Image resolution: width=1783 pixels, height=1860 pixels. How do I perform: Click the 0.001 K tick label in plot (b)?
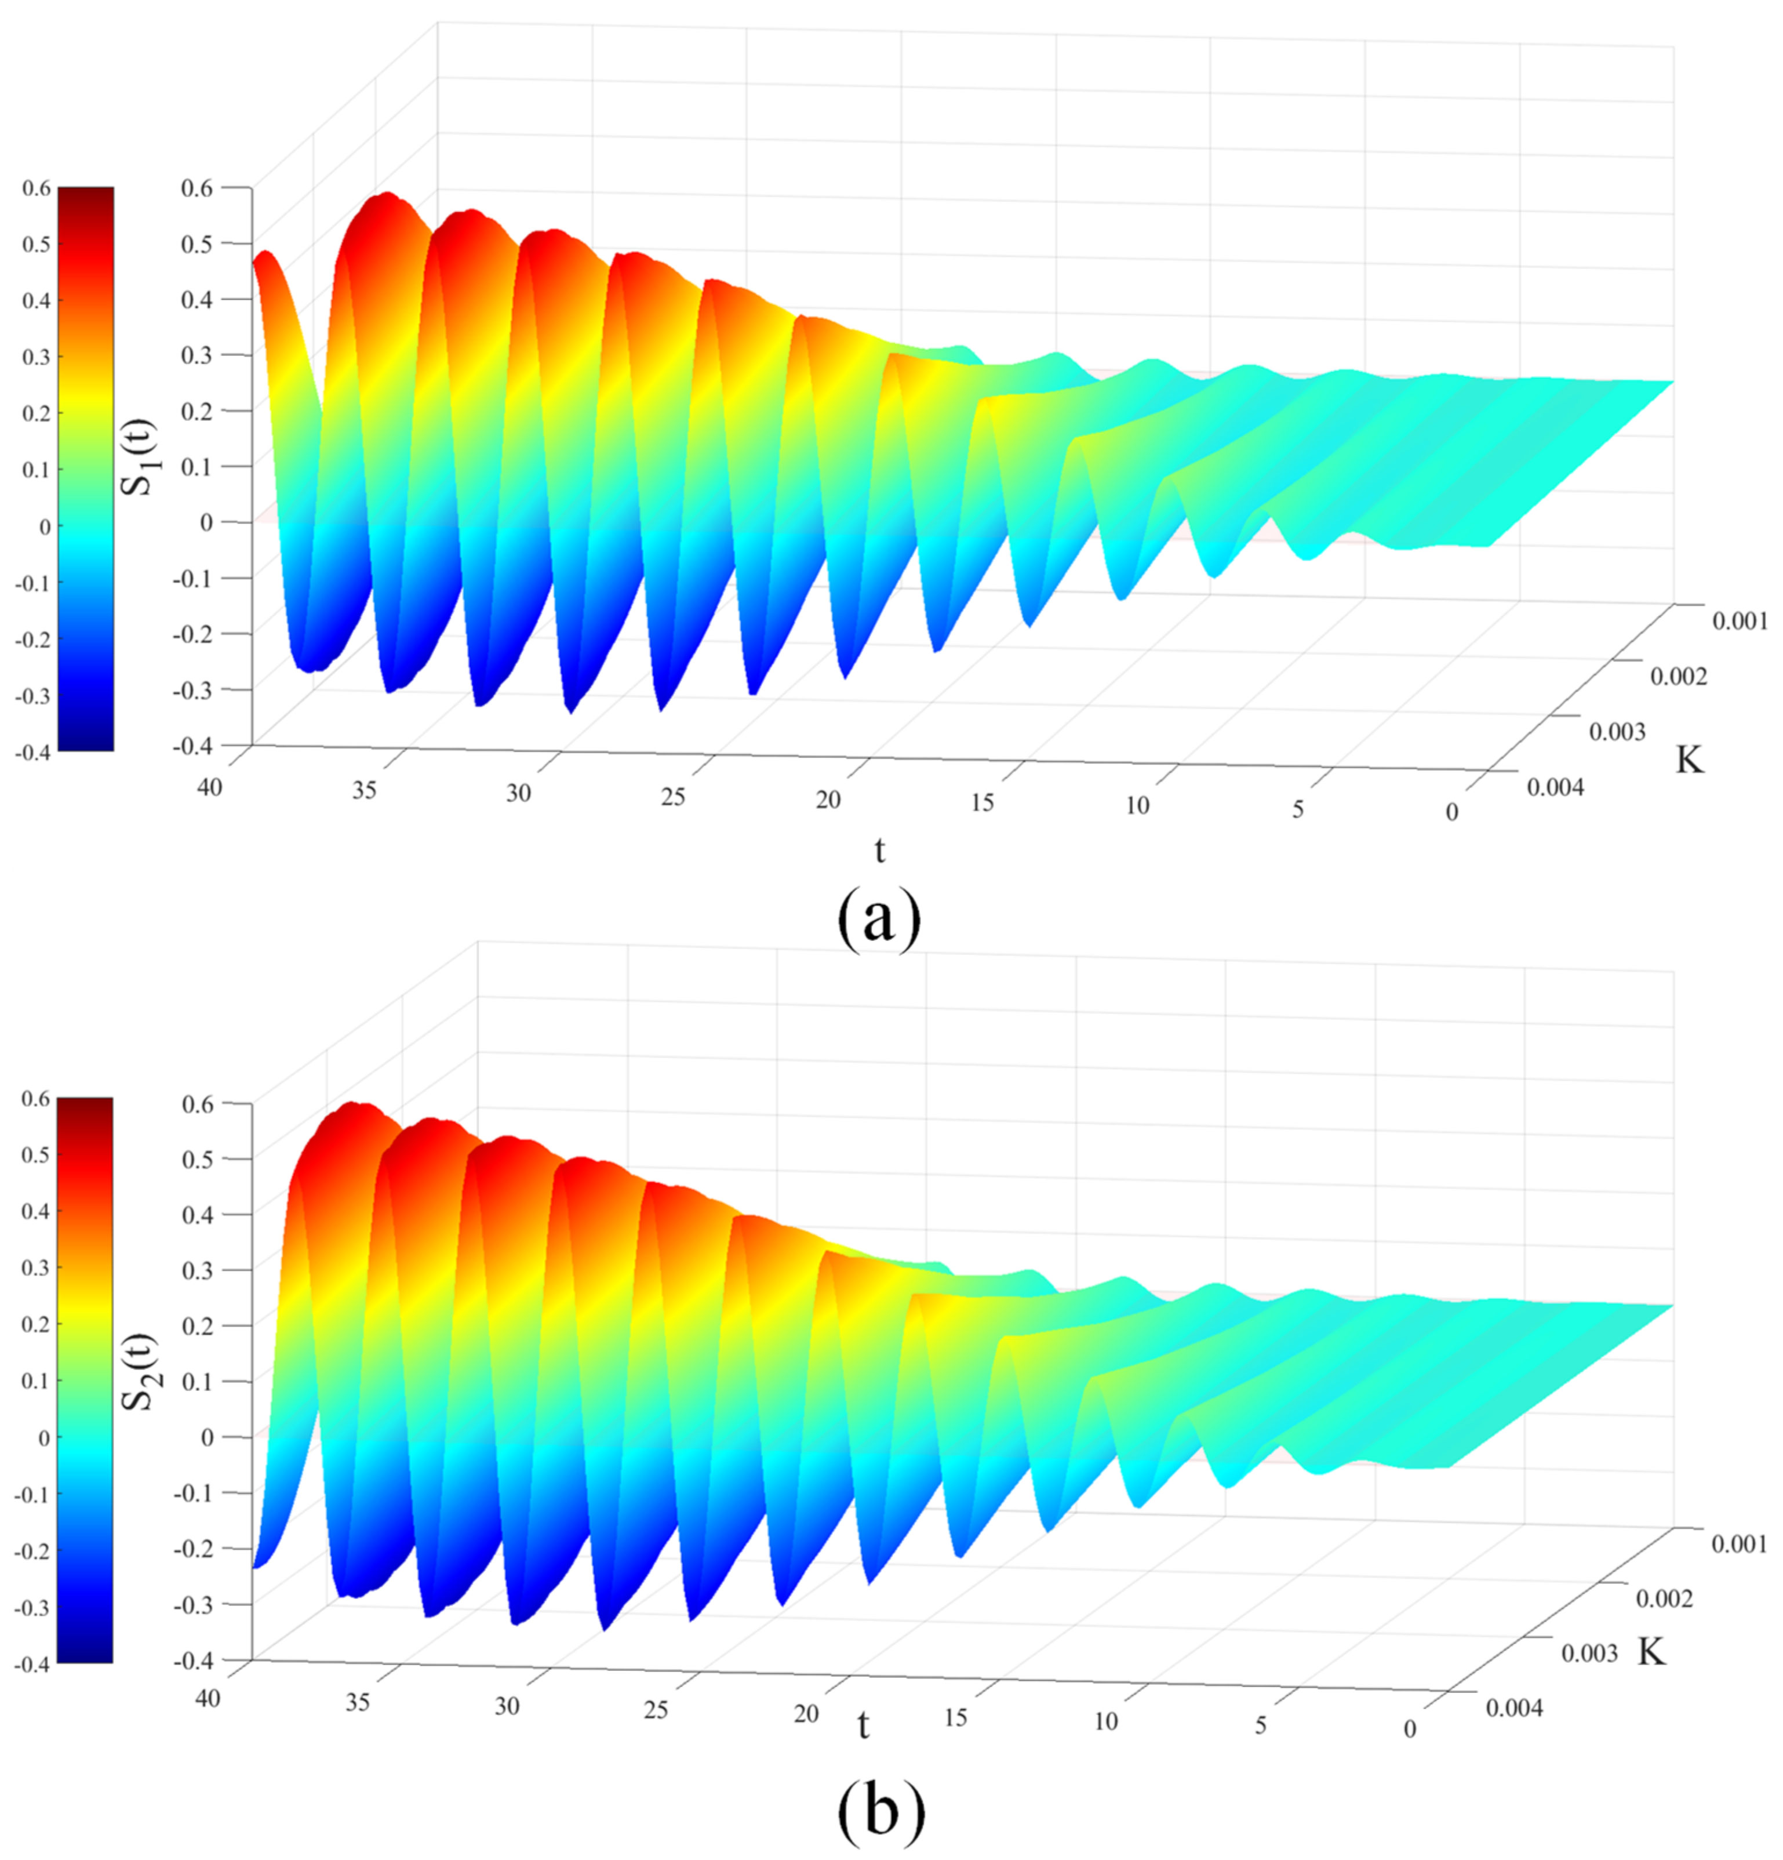1740,1545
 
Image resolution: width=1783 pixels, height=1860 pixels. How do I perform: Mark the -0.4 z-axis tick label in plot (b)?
195,1661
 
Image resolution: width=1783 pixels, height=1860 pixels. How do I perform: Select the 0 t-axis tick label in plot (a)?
1451,812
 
